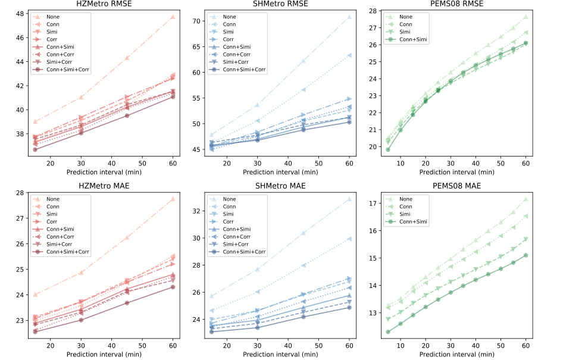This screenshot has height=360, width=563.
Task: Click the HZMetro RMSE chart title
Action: [104, 5]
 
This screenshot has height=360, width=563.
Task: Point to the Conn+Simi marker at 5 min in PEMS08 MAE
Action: [388, 332]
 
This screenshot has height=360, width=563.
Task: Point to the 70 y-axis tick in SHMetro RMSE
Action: [199, 21]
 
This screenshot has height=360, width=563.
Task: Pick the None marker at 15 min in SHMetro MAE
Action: [211, 296]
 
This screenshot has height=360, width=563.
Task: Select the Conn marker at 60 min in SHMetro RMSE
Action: [349, 55]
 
